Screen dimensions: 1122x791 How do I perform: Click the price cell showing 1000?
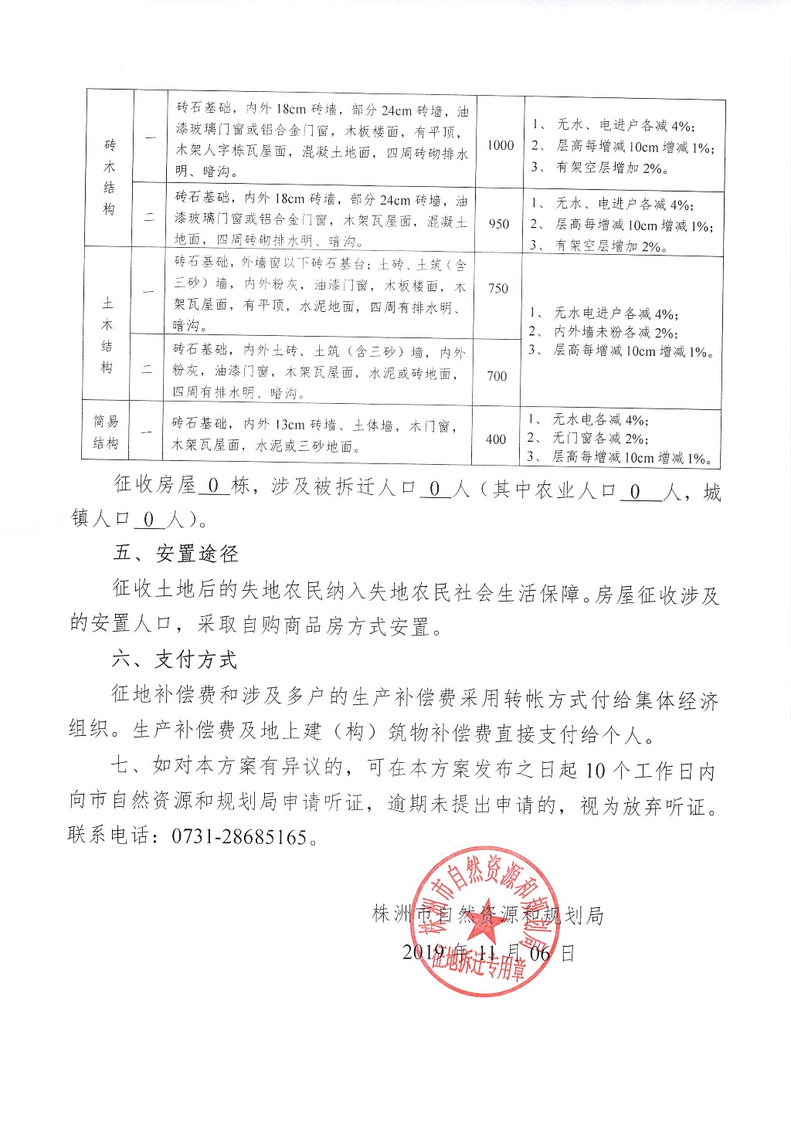pos(501,145)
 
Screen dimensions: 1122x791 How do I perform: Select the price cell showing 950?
pos(499,224)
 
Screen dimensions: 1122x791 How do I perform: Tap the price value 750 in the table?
pos(498,288)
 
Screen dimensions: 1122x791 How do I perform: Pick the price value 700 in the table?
pos(497,376)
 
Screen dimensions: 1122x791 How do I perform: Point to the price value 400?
pos(496,439)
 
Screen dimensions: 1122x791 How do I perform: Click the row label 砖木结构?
pos(109,177)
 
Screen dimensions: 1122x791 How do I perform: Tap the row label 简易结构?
pos(106,432)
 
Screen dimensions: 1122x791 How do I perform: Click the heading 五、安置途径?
pos(175,553)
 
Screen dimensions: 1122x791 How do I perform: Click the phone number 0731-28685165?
pos(232,836)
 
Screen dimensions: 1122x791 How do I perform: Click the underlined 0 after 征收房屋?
pos(214,486)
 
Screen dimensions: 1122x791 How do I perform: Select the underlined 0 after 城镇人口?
pos(149,520)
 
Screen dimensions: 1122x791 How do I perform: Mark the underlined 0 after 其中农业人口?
pos(636,491)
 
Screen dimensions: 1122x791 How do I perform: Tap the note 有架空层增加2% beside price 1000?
pos(609,168)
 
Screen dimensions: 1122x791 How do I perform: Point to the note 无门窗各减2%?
pos(599,438)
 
